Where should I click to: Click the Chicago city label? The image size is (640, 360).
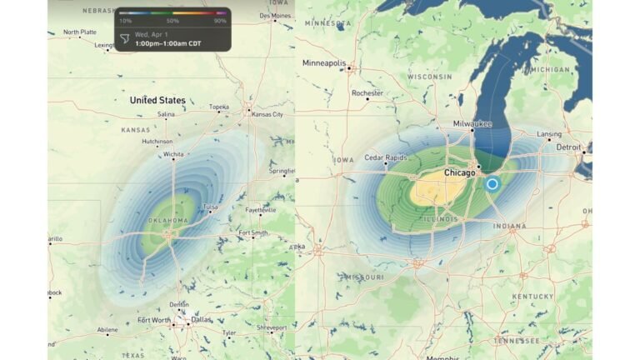[459, 172]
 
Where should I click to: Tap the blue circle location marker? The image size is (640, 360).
[492, 183]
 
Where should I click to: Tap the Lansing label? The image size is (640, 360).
[549, 133]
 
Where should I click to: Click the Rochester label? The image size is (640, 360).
[367, 93]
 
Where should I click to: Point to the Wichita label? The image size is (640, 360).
[174, 154]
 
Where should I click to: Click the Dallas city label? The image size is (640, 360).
[200, 319]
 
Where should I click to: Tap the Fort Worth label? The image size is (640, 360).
[155, 319]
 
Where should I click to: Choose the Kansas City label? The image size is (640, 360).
[267, 114]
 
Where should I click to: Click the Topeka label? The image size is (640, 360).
[219, 107]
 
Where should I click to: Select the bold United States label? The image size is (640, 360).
[157, 100]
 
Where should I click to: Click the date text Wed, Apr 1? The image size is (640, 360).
[154, 35]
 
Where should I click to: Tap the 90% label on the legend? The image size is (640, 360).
[220, 20]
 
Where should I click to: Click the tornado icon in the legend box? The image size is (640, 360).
[125, 38]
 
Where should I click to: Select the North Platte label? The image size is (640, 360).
[80, 32]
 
